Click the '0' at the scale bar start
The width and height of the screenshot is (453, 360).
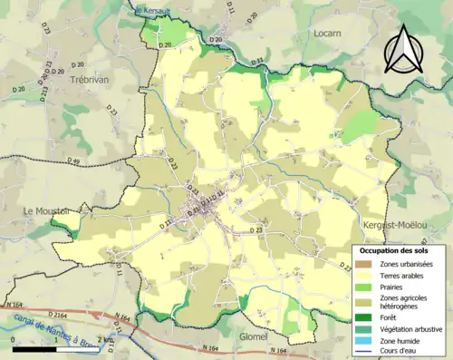click(14, 339)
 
